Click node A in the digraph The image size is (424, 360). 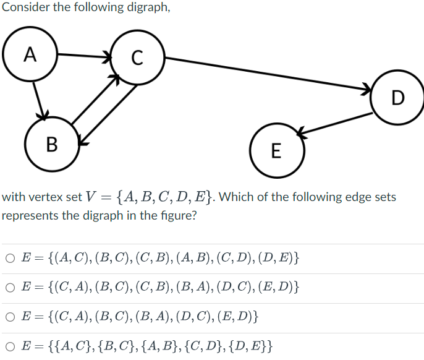pyautogui.click(x=30, y=55)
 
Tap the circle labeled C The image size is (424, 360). pyautogui.click(x=137, y=59)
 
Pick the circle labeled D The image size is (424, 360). pyautogui.click(x=397, y=97)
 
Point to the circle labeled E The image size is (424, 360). pyautogui.click(x=276, y=150)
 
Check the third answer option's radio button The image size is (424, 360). pyautogui.click(x=11, y=318)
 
